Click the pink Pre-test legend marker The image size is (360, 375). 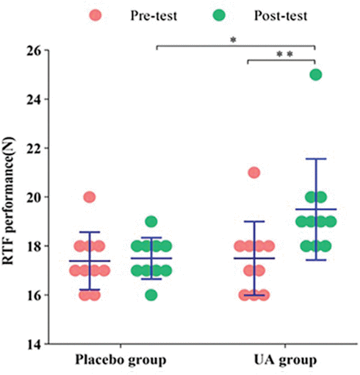click(96, 15)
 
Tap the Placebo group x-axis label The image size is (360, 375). click(120, 360)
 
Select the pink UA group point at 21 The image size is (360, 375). click(254, 173)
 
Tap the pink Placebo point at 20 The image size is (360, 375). click(90, 197)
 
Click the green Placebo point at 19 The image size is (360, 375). click(151, 221)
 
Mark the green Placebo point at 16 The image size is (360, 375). click(151, 295)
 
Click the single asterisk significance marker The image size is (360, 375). click(233, 40)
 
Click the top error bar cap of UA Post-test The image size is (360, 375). click(315, 159)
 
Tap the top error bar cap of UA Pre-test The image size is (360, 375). click(254, 221)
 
